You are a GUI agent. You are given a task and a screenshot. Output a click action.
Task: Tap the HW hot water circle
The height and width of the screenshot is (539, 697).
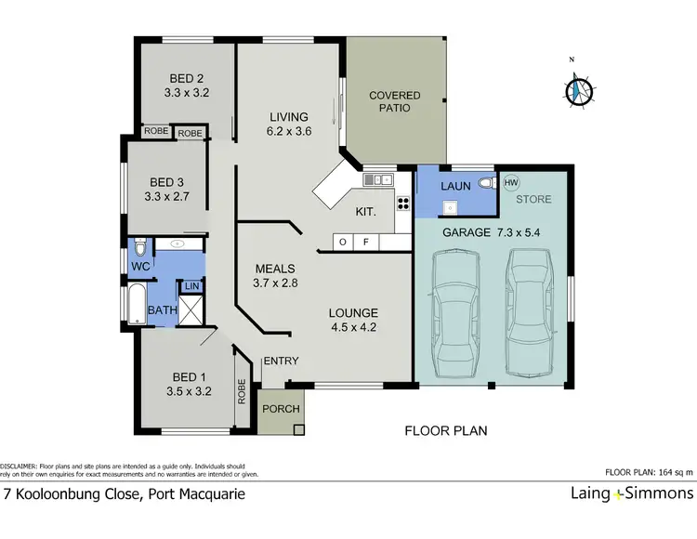pos(510,183)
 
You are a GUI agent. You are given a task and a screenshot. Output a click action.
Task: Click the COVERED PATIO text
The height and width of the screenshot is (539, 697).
pos(395,102)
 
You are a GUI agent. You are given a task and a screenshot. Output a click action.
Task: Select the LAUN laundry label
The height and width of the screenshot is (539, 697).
pos(455,187)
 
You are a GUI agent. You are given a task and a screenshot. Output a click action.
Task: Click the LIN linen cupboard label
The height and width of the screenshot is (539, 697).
pos(191,286)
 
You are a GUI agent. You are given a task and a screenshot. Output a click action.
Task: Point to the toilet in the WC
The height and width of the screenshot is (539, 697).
pos(139,248)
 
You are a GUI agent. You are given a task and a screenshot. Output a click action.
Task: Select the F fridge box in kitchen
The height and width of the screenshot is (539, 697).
pos(366,243)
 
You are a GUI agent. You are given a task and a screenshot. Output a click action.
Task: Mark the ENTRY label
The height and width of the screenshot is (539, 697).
pos(280,362)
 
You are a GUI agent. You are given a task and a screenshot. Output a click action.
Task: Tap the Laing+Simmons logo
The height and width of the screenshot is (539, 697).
pos(631,493)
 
